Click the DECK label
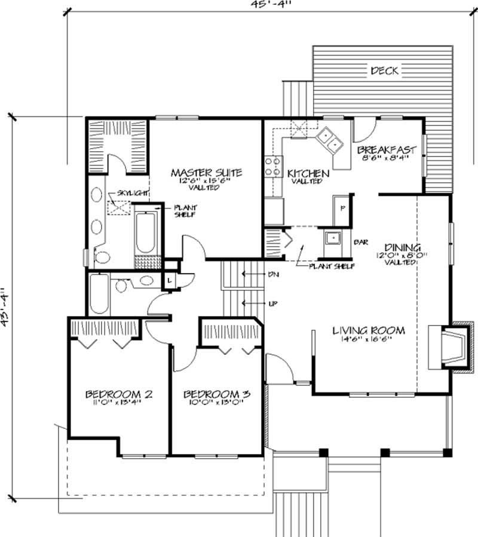tap(384, 70)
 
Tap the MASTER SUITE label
tap(206, 173)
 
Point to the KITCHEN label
tap(308, 174)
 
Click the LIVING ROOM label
tap(369, 330)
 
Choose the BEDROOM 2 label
tap(119, 394)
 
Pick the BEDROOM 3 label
tap(216, 394)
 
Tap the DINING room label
tap(403, 247)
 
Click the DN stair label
tap(272, 274)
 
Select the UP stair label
tap(272, 303)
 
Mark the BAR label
tap(360, 243)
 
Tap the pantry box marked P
tap(342, 208)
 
